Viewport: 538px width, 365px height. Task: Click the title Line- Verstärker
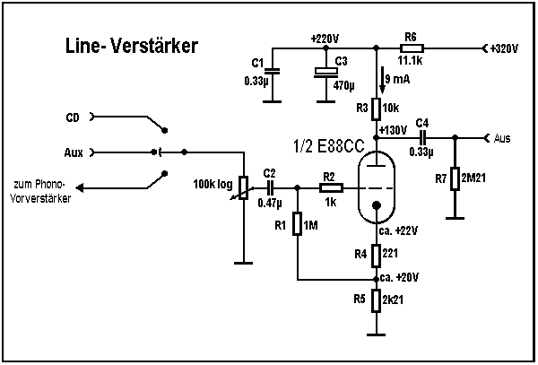[x=131, y=44]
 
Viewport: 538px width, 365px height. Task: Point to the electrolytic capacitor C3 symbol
[x=324, y=75]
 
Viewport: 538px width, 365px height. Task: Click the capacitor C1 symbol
[x=274, y=72]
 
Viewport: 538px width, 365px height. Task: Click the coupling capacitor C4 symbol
[x=422, y=137]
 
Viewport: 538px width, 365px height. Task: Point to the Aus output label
[x=503, y=137]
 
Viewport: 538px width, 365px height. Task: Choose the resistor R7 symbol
[x=455, y=179]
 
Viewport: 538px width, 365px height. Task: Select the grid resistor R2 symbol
[x=330, y=188]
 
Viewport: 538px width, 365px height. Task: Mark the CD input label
[x=74, y=117]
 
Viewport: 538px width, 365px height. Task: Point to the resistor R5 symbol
[x=377, y=300]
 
